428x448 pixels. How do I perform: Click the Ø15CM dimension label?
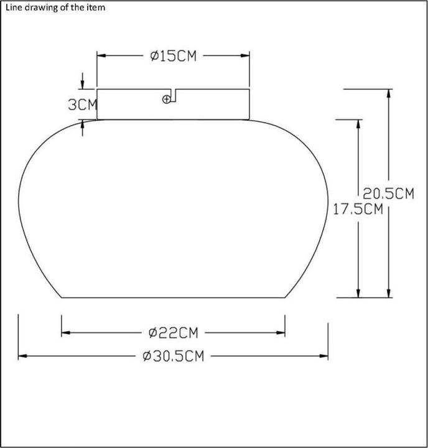point(174,56)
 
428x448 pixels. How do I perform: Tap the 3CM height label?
point(83,105)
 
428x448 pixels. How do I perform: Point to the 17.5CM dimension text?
point(358,209)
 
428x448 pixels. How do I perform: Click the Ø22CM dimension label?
point(173,333)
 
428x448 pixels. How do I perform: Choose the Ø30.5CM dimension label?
point(174,357)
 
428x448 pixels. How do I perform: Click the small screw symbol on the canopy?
point(166,100)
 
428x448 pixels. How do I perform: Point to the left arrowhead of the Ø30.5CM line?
point(22,357)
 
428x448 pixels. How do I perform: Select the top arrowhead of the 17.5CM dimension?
point(358,124)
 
